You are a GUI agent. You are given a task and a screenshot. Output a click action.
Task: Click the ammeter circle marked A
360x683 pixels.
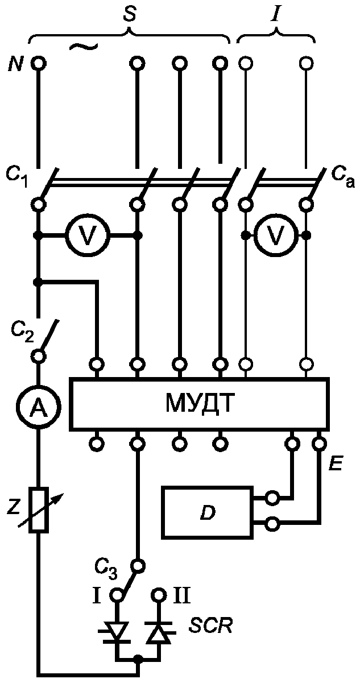click(39, 407)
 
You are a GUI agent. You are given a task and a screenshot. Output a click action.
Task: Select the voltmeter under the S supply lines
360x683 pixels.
click(88, 235)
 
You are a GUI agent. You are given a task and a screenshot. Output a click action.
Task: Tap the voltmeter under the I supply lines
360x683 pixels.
click(276, 235)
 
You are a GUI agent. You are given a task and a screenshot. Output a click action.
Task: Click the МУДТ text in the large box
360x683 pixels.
click(200, 404)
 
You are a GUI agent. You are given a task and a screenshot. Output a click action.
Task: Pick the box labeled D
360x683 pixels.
click(208, 513)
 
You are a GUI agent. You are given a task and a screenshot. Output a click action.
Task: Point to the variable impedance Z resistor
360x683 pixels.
click(39, 510)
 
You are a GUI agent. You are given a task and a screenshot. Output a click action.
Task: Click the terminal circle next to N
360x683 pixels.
click(39, 64)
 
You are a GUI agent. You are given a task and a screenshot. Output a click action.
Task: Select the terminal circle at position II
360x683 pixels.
click(159, 595)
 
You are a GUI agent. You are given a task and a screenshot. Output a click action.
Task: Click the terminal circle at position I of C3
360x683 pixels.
click(117, 595)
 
